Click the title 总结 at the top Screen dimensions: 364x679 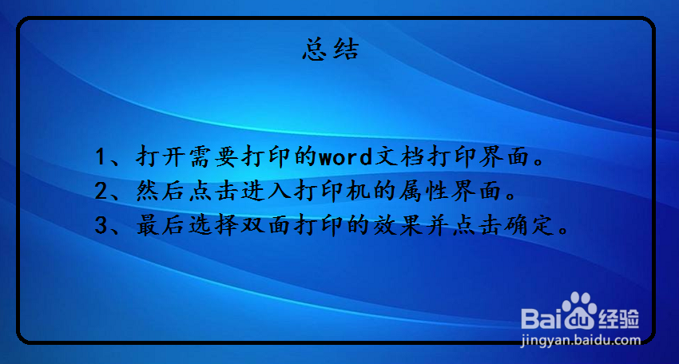click(x=331, y=50)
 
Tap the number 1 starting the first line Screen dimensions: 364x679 click(x=101, y=156)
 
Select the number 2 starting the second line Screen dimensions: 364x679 click(x=101, y=192)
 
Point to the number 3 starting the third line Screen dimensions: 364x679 click(x=101, y=227)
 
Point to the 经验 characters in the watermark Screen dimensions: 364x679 click(x=621, y=318)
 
